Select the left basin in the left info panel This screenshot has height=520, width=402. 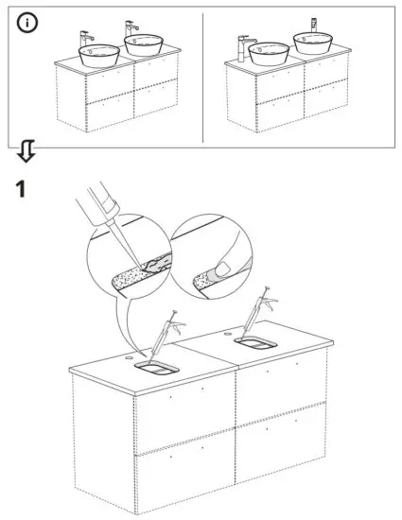99,53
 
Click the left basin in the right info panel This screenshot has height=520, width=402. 269,52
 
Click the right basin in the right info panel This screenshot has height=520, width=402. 313,43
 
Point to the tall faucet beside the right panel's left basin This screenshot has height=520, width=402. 242,47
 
